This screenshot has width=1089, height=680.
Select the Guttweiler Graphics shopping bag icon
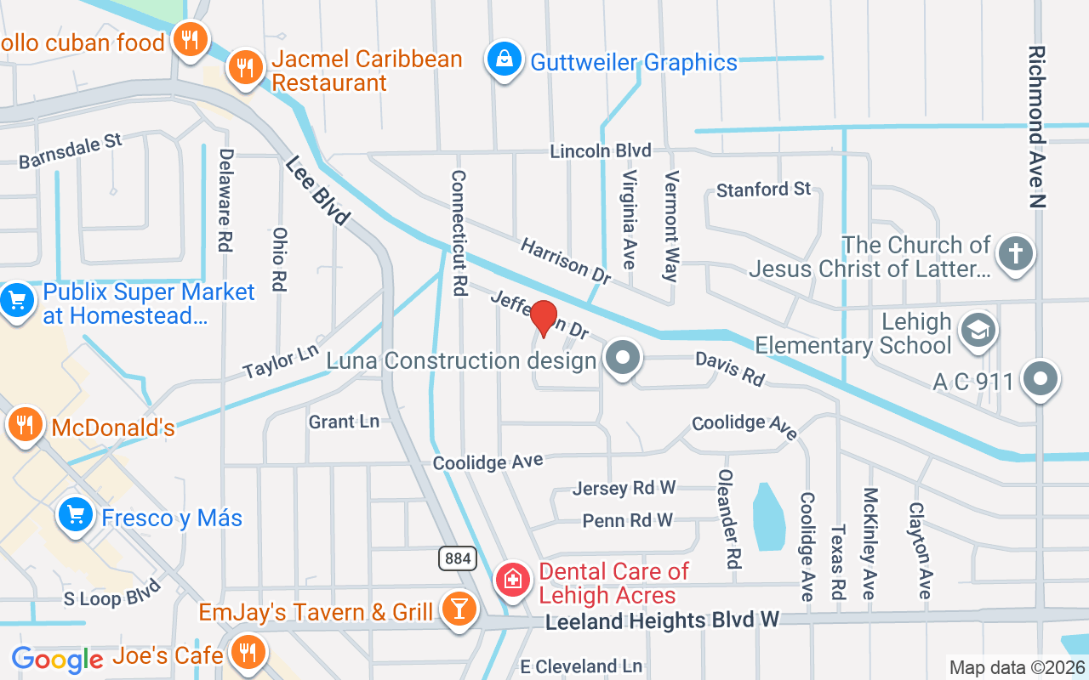tap(505, 59)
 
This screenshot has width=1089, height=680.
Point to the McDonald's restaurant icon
tap(26, 423)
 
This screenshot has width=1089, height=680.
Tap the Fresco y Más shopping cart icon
tap(76, 514)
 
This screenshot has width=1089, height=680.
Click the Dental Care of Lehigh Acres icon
tap(512, 581)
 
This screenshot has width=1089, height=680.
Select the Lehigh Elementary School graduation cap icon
tap(977, 331)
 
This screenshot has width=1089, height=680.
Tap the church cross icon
tap(1015, 253)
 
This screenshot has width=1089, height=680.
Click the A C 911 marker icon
tap(1040, 377)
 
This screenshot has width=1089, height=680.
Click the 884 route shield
tap(457, 558)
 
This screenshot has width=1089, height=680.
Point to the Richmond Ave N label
tap(1037, 127)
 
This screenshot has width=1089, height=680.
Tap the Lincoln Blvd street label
tap(601, 151)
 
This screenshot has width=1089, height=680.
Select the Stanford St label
tap(763, 189)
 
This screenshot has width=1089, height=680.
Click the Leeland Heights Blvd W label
tap(662, 621)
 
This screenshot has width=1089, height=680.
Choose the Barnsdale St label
tap(71, 150)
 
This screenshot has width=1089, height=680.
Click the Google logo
tap(57, 659)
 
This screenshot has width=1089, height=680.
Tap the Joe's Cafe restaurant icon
tap(248, 652)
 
